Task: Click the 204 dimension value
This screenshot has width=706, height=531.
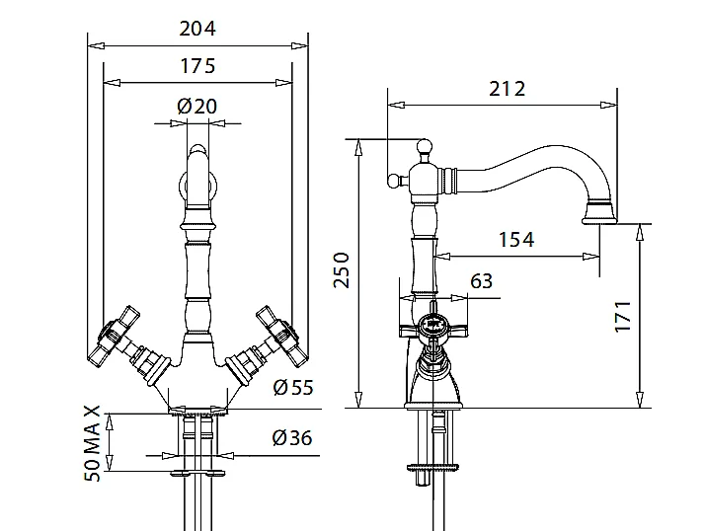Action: pos(197,29)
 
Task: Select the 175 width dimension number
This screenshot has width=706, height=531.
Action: pos(197,66)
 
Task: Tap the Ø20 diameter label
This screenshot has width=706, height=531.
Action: pos(197,107)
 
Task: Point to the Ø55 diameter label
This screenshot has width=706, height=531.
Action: pos(293,388)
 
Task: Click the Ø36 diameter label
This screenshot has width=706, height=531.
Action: pos(292,437)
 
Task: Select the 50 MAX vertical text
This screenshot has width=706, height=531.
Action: pos(92,443)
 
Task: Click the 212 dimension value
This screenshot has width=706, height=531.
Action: pos(507,89)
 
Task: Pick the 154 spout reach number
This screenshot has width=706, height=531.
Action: pos(516,240)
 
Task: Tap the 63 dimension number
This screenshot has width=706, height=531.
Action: pos(481,281)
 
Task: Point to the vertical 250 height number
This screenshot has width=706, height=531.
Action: pos(342,270)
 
